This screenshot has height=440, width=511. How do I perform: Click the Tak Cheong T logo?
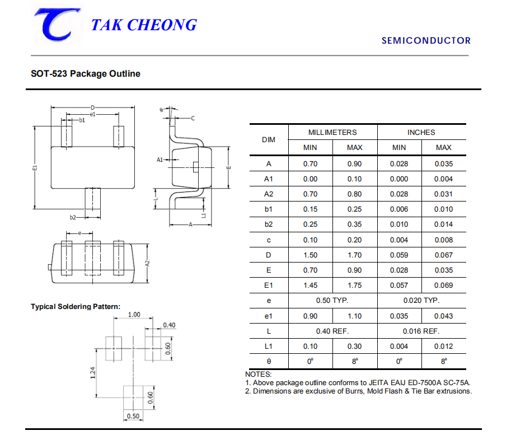click(x=57, y=25)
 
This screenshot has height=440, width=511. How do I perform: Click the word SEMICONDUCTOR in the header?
click(x=426, y=41)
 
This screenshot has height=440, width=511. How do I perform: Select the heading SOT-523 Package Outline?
click(x=86, y=74)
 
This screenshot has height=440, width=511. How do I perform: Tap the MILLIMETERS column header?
click(x=332, y=132)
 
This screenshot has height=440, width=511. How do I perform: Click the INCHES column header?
click(x=421, y=132)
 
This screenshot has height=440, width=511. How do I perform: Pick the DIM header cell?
click(x=269, y=140)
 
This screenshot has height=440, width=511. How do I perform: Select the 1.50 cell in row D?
click(x=310, y=255)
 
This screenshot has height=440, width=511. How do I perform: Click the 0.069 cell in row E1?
click(x=443, y=285)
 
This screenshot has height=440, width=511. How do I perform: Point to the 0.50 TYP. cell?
click(x=332, y=301)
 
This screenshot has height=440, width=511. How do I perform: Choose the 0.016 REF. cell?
click(x=421, y=331)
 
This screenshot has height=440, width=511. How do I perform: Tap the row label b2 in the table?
click(x=269, y=224)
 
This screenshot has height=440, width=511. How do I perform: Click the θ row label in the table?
click(x=269, y=362)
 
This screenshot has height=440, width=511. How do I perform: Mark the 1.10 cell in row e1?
click(x=355, y=316)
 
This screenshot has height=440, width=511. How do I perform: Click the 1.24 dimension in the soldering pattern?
click(x=93, y=372)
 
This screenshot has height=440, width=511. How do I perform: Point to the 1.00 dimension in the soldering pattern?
click(x=134, y=315)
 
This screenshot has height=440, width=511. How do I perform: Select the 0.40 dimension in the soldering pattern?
click(x=169, y=325)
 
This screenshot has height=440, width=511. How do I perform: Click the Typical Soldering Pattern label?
click(x=76, y=307)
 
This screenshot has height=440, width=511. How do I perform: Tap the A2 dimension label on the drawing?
click(x=147, y=263)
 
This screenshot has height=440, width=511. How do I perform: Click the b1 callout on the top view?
click(x=82, y=120)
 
